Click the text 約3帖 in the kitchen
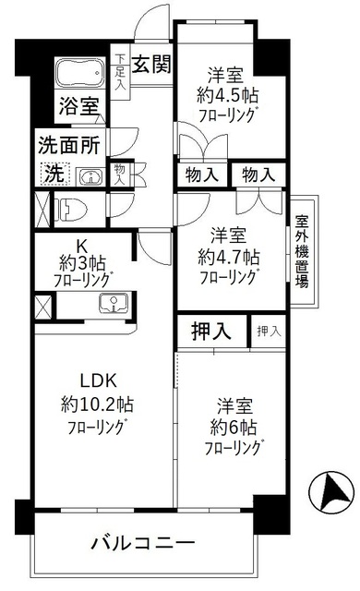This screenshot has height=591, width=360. coord(80,262)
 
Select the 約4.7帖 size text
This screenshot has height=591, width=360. coord(226,255)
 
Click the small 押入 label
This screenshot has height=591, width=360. coord(268,332)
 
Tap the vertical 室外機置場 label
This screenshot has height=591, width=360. coord(303,251)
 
